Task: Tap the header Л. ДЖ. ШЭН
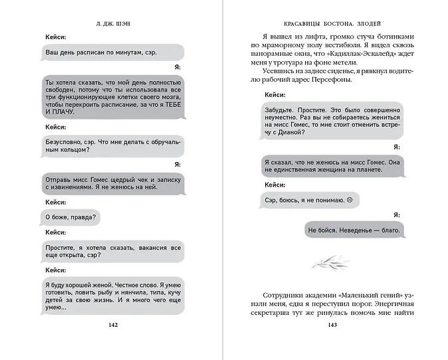point(112,24)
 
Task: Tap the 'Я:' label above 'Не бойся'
point(396,215)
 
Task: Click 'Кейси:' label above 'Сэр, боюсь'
point(275,185)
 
